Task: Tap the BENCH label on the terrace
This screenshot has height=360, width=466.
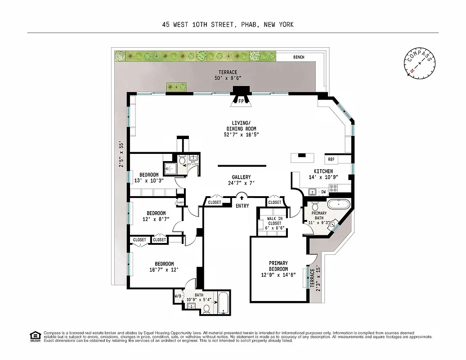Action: (x=299, y=57)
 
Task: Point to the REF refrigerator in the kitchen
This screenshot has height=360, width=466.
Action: (x=331, y=159)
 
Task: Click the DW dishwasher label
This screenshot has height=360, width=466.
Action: (x=323, y=192)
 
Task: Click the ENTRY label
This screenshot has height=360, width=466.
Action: (x=242, y=206)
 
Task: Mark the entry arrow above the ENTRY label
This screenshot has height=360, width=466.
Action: (x=242, y=196)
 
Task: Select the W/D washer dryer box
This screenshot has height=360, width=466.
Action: (x=178, y=296)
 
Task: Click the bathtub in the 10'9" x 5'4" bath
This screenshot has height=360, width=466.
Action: (x=223, y=303)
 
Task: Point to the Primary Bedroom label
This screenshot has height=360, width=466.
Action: (x=278, y=269)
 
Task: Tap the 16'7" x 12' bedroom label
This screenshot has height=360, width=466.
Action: (x=164, y=267)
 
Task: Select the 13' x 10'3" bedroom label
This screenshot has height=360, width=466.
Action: (x=148, y=178)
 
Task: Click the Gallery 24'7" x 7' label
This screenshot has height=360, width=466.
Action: (x=241, y=180)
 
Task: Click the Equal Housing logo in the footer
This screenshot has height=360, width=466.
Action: (x=34, y=336)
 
